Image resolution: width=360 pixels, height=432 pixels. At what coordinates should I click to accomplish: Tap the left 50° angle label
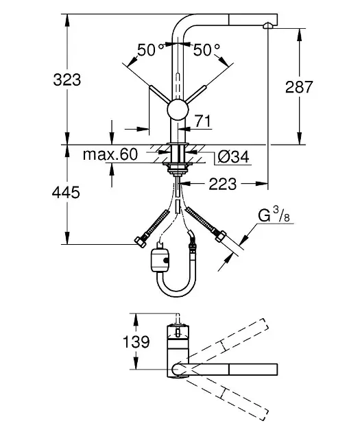pyautogui.click(x=150, y=49)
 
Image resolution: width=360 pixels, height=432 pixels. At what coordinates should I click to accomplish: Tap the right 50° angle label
pyautogui.click(x=206, y=49)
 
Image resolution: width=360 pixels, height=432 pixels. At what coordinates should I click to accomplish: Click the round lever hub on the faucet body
pyautogui.click(x=177, y=110)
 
